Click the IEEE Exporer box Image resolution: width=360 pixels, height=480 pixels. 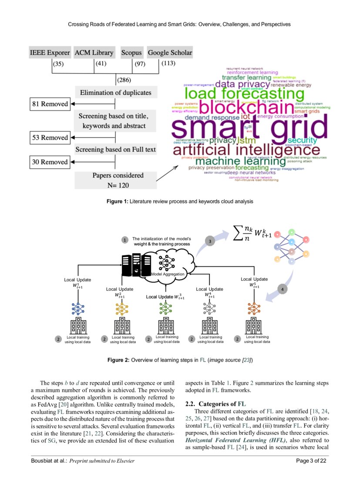tap(50, 53)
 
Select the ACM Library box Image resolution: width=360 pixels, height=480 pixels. tap(94, 53)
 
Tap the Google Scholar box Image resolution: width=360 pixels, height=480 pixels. tap(170, 53)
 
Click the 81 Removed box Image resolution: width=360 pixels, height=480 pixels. tap(50, 104)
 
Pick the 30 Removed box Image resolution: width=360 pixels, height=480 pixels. tap(50, 162)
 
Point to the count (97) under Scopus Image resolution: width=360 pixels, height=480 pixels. tap(140, 64)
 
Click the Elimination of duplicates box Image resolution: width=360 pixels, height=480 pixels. tap(115, 92)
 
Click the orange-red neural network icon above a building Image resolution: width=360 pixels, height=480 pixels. tap(254, 308)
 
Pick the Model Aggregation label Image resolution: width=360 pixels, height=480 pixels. tap(168, 274)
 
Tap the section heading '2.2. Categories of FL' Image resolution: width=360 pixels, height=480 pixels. tap(215, 403)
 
